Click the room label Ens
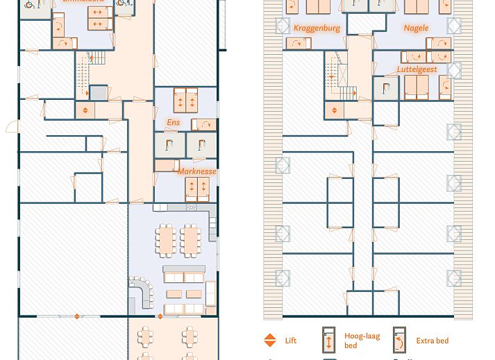[173, 123]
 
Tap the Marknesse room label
[196, 171]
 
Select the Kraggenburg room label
[317, 28]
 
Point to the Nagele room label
[415, 28]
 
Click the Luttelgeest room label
[417, 69]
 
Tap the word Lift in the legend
[291, 341]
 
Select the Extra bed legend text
[432, 341]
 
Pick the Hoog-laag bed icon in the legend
[329, 341]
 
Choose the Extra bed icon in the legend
[400, 341]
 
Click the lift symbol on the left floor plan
[85, 110]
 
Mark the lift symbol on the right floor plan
[334, 110]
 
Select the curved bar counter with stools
[141, 292]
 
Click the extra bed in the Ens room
[203, 124]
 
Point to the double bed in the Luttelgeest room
[416, 86]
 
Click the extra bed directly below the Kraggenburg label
[299, 43]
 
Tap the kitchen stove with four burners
[192, 207]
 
